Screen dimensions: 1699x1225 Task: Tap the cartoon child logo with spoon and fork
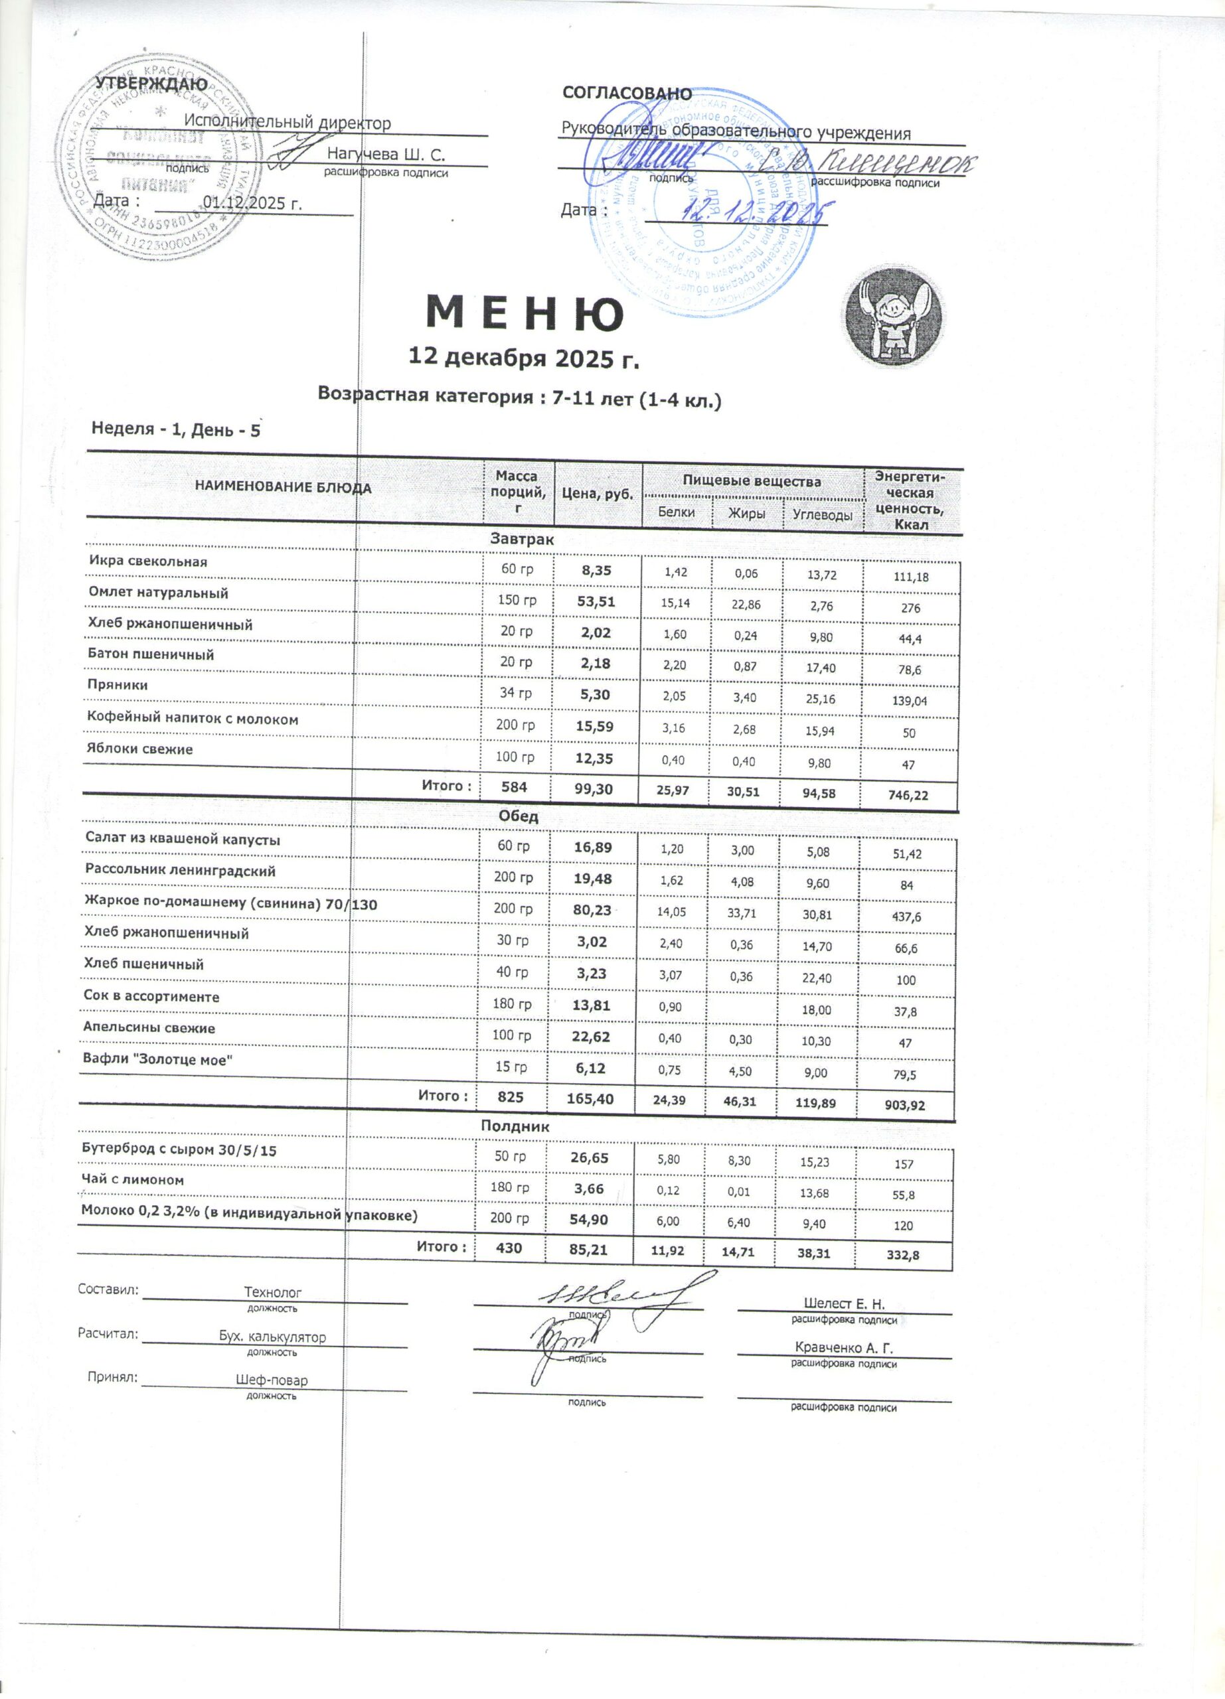pos(895,318)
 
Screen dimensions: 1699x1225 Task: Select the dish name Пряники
pos(118,685)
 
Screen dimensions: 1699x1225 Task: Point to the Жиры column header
pos(747,513)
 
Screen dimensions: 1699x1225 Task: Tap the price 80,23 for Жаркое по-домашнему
pos(592,910)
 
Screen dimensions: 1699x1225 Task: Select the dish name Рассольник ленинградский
pos(181,871)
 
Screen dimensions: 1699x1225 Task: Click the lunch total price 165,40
pos(591,1098)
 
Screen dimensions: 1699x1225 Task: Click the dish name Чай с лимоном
pos(133,1179)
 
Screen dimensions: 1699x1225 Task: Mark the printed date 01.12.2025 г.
pos(252,203)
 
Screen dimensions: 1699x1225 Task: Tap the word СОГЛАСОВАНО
pos(627,93)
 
